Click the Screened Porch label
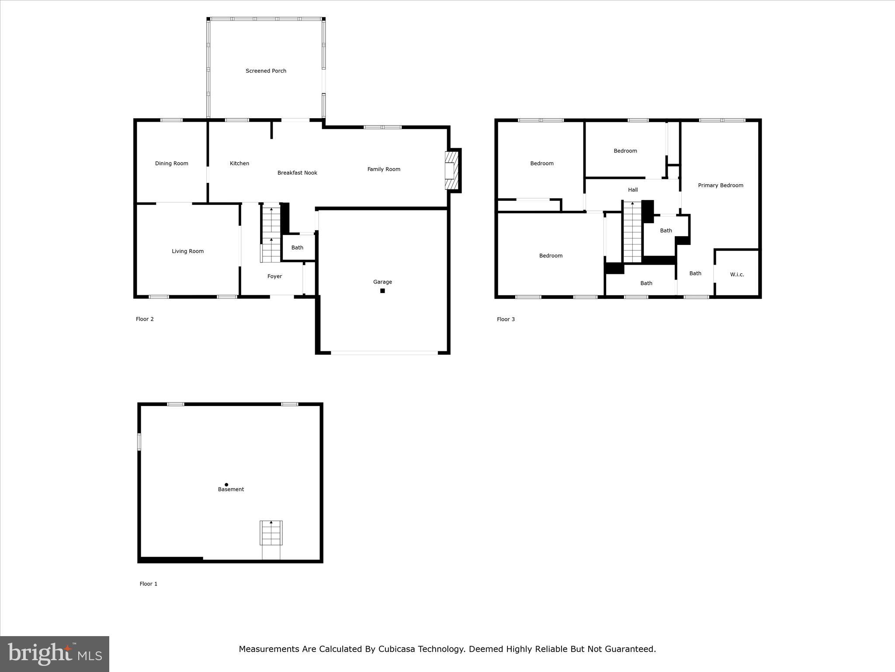point(266,71)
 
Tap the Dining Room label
point(171,164)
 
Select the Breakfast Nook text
point(297,173)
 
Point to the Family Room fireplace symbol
point(451,171)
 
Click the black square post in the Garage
point(382,291)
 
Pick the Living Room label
point(187,251)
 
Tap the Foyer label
point(274,276)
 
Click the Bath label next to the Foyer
point(297,248)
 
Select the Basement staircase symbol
point(271,533)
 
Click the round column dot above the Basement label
point(226,484)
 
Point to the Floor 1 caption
point(148,584)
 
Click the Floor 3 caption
point(506,319)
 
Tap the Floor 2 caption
point(145,319)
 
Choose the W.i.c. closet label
point(737,275)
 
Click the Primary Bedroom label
point(720,185)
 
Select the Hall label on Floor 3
point(633,190)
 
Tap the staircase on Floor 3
point(632,232)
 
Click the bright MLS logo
point(55,654)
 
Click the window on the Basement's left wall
point(139,442)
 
